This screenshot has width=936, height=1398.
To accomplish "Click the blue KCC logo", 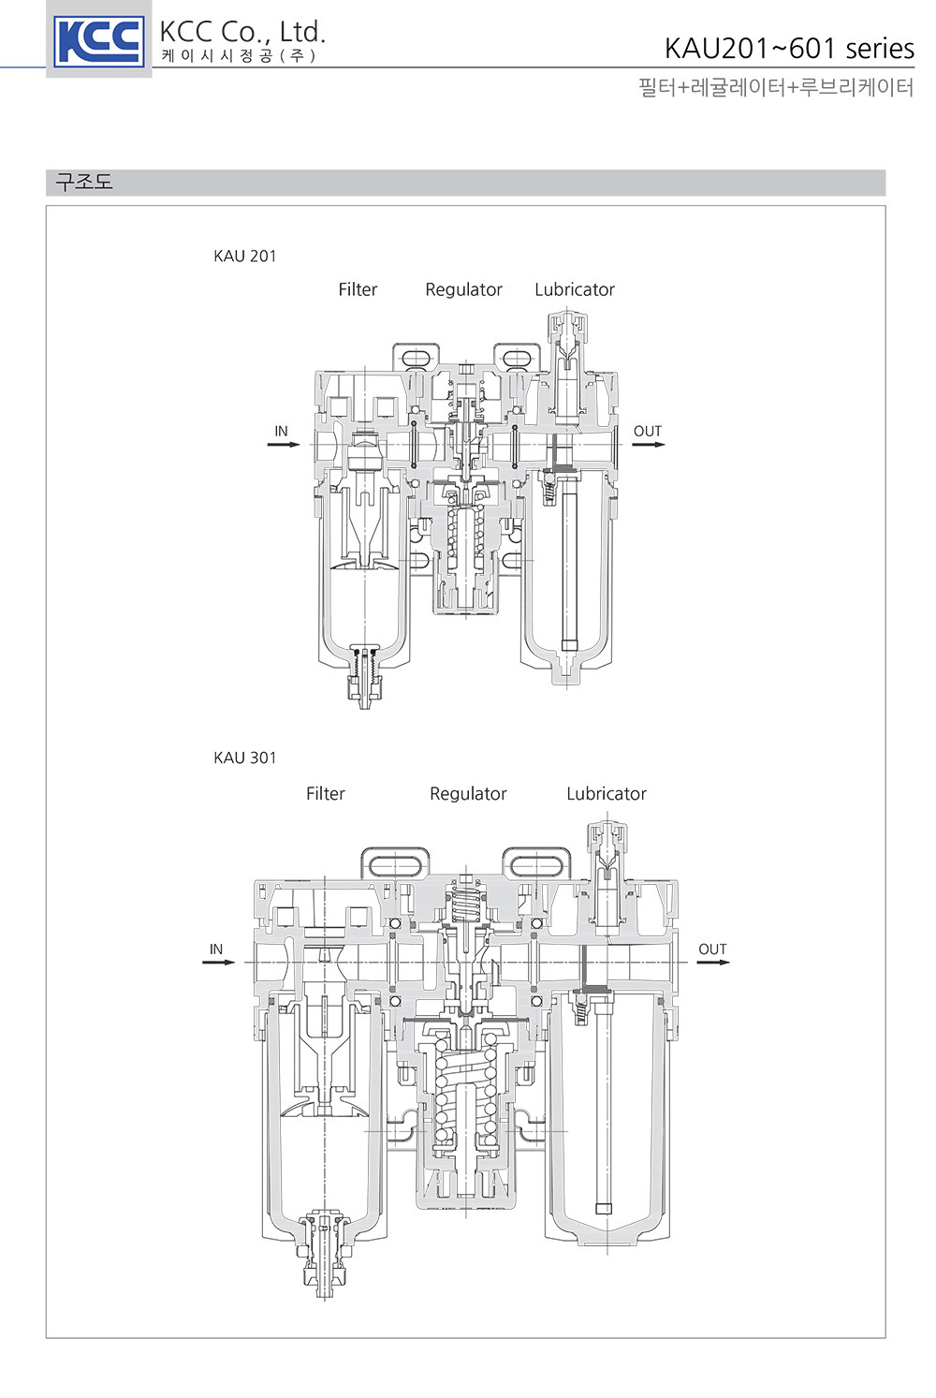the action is coord(99,42).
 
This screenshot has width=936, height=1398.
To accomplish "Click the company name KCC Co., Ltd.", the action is coord(242,32).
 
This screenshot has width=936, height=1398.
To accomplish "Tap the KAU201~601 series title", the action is coord(789,48).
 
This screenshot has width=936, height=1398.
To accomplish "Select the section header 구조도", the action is coord(84,182).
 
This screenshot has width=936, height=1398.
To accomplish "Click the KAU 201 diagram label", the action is coord(244,256).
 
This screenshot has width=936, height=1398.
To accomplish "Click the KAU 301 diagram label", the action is coord(244,758).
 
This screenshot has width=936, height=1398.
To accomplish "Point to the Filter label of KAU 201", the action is coord(358,289).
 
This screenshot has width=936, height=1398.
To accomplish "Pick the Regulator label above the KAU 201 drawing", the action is coord(463,290).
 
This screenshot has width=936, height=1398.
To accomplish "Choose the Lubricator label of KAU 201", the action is coord(575,289).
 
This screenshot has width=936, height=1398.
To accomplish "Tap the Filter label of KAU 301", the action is coord(325,794).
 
